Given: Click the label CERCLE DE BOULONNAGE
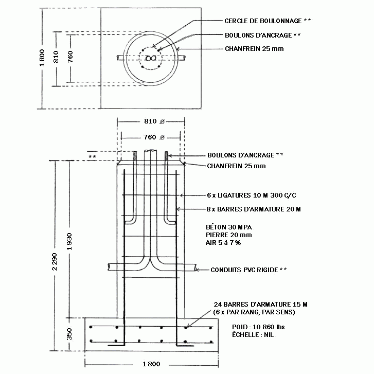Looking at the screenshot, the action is (263, 21).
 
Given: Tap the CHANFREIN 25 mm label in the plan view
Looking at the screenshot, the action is (254, 49).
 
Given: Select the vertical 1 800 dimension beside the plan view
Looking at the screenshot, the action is (42, 58).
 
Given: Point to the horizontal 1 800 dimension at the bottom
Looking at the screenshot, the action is (151, 364).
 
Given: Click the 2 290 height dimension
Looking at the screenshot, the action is (55, 262).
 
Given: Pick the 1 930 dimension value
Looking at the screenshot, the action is (69, 242).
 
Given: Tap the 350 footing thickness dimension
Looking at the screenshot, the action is (69, 334).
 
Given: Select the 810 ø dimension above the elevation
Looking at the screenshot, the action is (154, 121).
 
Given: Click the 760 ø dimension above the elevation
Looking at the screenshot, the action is (154, 137).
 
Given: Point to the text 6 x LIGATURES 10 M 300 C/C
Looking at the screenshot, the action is (252, 195).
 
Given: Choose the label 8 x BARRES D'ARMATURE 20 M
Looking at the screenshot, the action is (254, 209).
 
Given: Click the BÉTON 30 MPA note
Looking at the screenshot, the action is (229, 227).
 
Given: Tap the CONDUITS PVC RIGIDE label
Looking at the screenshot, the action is (244, 270).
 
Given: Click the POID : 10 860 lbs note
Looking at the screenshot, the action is (258, 327).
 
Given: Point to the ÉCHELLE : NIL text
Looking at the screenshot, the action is (253, 334).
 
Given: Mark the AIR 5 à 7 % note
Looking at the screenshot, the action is (223, 243).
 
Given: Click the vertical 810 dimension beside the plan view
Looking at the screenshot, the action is (56, 57).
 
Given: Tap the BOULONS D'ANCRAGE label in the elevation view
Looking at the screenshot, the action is (241, 155).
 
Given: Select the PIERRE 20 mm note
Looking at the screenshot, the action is (229, 235).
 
